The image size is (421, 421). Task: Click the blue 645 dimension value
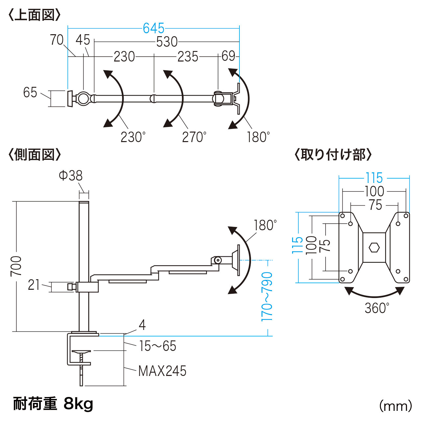[154, 29]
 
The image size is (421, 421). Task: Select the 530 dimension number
[167, 42]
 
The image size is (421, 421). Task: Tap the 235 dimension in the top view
[188, 57]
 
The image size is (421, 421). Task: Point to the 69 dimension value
[228, 56]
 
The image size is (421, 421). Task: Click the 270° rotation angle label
[194, 137]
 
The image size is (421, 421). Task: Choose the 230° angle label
[133, 137]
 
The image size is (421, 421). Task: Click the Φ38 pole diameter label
[70, 176]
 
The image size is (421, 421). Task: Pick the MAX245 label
[162, 371]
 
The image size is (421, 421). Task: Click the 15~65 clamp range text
[158, 346]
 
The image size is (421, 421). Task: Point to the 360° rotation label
[377, 308]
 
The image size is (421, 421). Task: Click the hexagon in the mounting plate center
[374, 247]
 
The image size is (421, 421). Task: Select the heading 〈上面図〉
[34, 15]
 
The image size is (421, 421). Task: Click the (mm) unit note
[395, 406]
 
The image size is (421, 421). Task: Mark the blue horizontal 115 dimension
[374, 178]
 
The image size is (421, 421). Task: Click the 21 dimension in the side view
[34, 285]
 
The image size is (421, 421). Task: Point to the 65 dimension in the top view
[30, 92]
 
